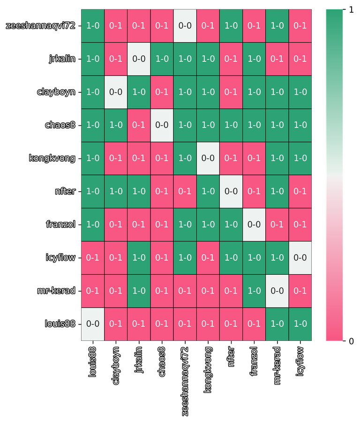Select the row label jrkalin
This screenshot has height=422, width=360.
click(x=62, y=59)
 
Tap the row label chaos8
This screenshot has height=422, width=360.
click(x=60, y=125)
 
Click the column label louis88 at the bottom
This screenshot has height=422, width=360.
click(x=92, y=363)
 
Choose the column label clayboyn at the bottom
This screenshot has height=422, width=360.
click(x=116, y=366)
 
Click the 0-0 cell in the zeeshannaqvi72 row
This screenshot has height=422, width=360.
click(x=185, y=26)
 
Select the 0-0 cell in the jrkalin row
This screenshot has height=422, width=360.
click(x=139, y=59)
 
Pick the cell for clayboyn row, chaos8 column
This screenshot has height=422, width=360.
click(x=162, y=92)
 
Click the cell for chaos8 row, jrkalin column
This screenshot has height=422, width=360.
click(x=139, y=125)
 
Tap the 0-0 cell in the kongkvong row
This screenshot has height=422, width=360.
click(x=208, y=158)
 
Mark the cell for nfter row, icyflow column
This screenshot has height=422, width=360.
click(x=300, y=191)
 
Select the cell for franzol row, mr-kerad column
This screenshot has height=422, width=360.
click(x=277, y=224)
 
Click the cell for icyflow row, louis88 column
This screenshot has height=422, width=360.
click(x=92, y=257)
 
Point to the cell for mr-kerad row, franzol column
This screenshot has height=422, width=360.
click(x=254, y=291)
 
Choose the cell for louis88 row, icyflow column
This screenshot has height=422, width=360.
click(x=300, y=324)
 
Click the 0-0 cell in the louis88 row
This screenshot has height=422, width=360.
click(x=92, y=324)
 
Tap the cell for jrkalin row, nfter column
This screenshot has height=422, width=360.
click(x=231, y=59)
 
